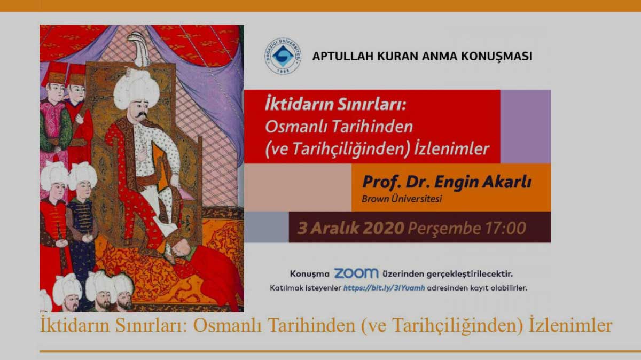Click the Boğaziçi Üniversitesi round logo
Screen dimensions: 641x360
[283, 56]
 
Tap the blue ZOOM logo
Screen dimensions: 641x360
[356, 273]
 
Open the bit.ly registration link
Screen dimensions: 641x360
[384, 288]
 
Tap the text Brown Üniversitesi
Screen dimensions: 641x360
[402, 199]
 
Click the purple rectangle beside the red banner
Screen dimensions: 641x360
[526, 126]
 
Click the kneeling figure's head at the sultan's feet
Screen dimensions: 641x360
[183, 247]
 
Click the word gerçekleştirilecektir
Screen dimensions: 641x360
[470, 274]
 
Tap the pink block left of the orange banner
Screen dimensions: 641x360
[298, 187]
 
